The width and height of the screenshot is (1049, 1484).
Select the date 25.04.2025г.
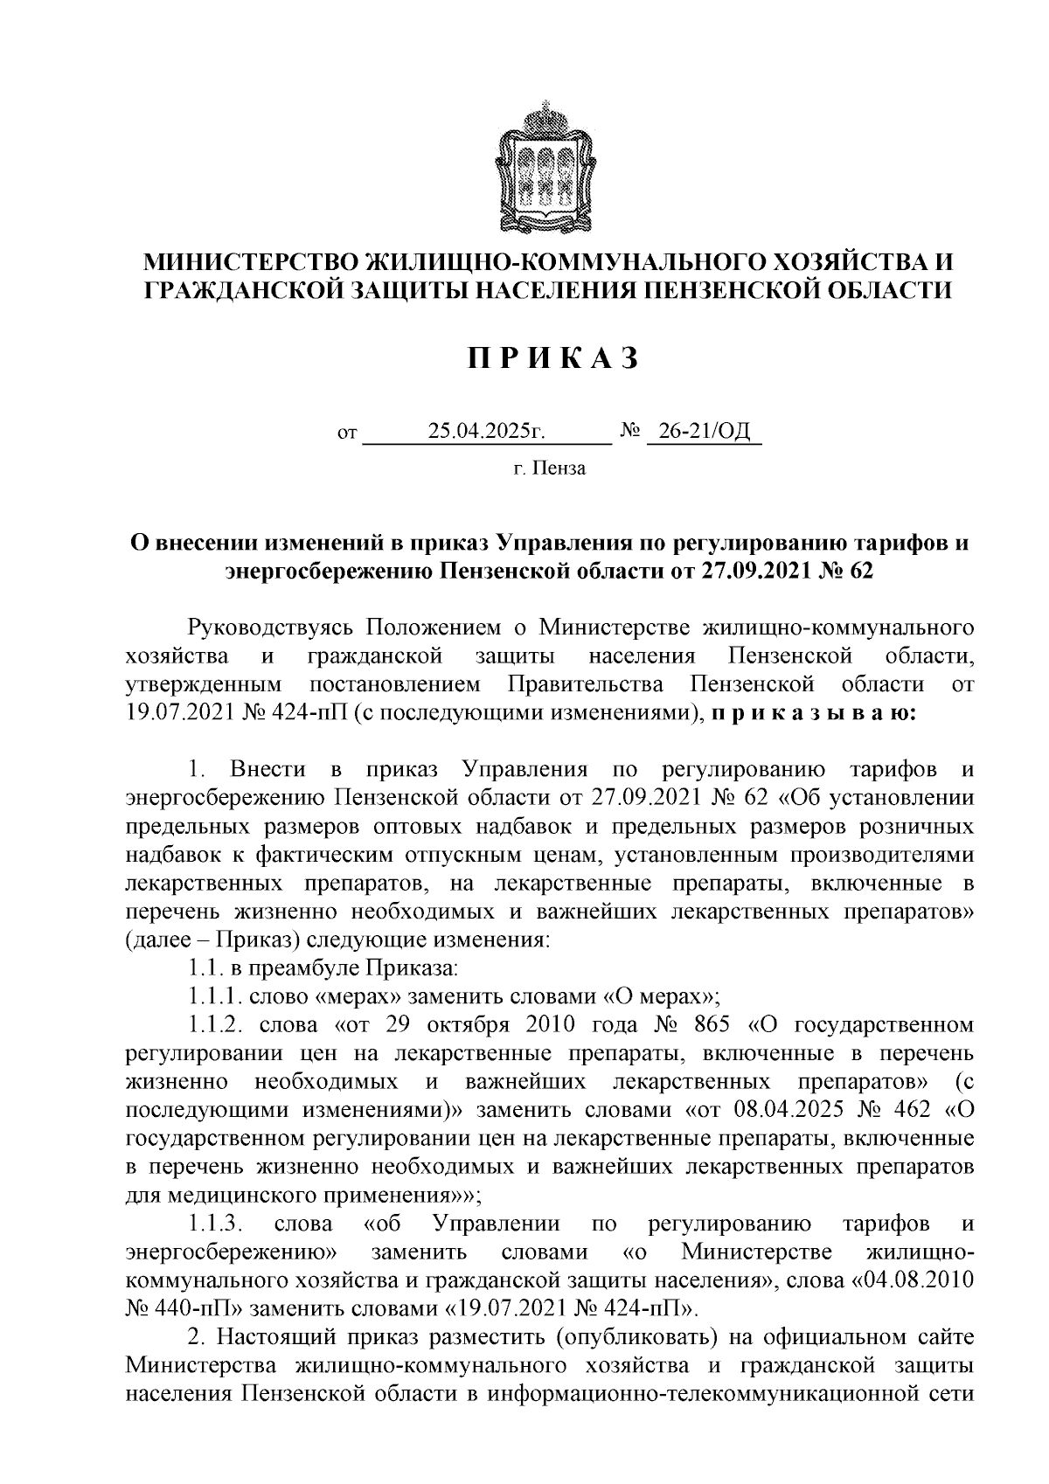(x=487, y=431)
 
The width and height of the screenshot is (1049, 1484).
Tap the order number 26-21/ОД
(x=704, y=431)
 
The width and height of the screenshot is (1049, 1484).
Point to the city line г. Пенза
(x=549, y=469)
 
